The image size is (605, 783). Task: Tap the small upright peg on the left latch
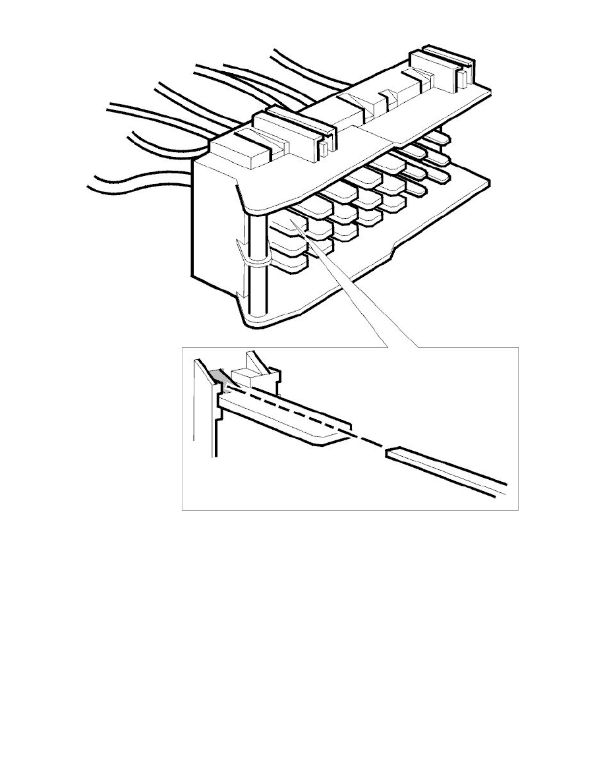(325, 149)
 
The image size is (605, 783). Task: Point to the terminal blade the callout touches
(301, 224)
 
